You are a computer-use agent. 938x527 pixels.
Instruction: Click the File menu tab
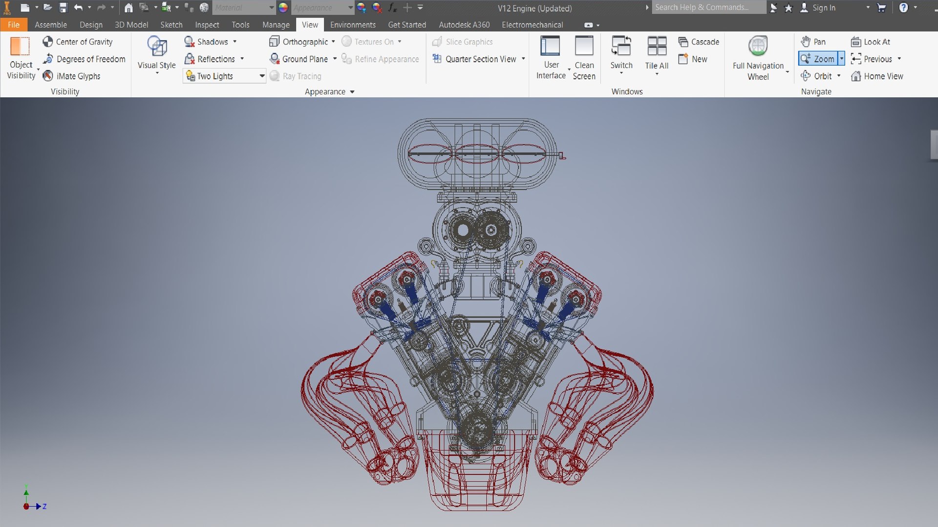tap(13, 25)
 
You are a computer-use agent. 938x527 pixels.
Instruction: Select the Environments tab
tap(353, 25)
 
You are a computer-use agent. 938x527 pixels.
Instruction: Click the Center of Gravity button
tap(78, 42)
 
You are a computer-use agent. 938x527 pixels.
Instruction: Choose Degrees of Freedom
tap(85, 59)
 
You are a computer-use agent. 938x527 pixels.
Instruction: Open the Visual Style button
tap(156, 54)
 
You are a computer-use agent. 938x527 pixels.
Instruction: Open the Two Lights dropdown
tap(262, 76)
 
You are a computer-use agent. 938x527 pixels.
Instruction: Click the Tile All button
tap(657, 54)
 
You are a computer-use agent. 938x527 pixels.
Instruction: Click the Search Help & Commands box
tap(708, 7)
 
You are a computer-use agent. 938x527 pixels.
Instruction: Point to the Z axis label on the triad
tap(44, 506)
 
